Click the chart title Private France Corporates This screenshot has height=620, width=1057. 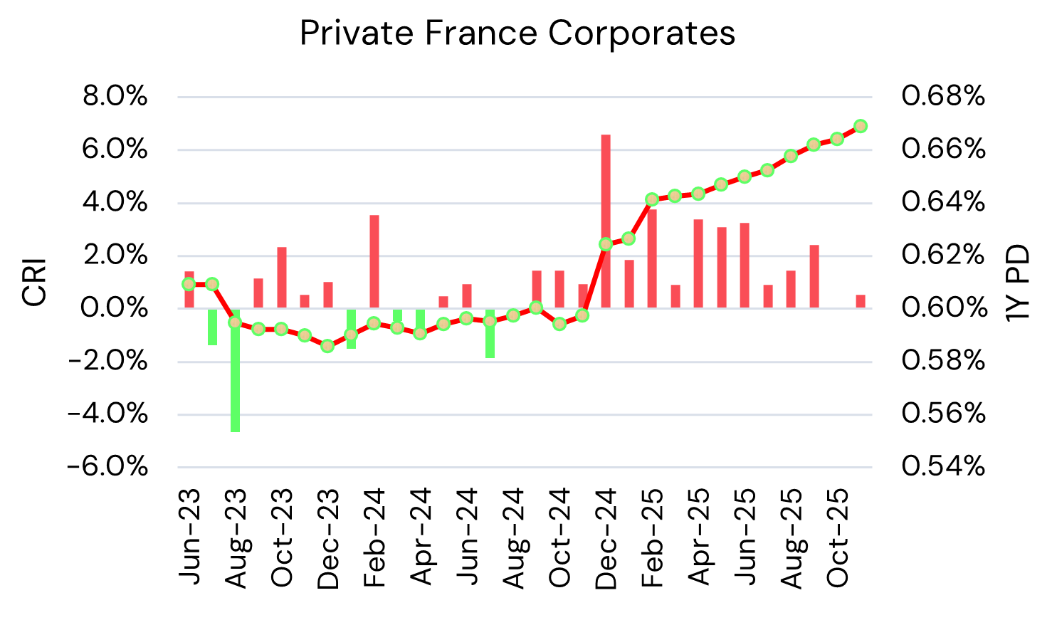pyautogui.click(x=517, y=33)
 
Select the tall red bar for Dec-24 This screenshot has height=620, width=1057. pyautogui.click(x=606, y=221)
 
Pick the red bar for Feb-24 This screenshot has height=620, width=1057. pyautogui.click(x=374, y=261)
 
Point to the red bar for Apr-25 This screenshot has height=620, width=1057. pyautogui.click(x=698, y=263)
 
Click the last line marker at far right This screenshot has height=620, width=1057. pyautogui.click(x=860, y=126)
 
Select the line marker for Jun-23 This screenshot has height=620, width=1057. pyautogui.click(x=189, y=284)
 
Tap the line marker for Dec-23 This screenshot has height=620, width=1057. pyautogui.click(x=327, y=346)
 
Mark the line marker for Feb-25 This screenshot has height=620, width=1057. pyautogui.click(x=652, y=199)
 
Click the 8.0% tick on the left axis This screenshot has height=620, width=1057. pyautogui.click(x=115, y=96)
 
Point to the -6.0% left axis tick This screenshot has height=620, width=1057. pyautogui.click(x=108, y=467)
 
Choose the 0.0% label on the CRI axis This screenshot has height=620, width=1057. pyautogui.click(x=115, y=308)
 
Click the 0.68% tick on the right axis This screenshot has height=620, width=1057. pyautogui.click(x=943, y=96)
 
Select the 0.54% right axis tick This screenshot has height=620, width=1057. pyautogui.click(x=943, y=467)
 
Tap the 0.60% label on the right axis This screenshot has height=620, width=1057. pyautogui.click(x=943, y=308)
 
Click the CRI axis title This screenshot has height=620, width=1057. pyautogui.click(x=34, y=282)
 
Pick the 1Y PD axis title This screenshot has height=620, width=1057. pyautogui.click(x=1019, y=282)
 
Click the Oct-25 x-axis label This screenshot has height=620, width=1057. pyautogui.click(x=838, y=537)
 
